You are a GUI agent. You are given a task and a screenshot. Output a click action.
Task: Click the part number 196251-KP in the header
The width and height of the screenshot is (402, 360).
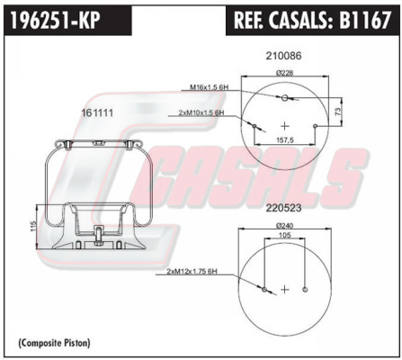tap(56, 21)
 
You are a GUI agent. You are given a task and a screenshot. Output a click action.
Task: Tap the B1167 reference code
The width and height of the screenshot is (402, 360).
tap(365, 20)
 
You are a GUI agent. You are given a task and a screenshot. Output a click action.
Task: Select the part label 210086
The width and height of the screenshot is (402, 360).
tap(283, 56)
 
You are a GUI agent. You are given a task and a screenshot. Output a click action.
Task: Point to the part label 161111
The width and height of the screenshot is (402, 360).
tap(97, 112)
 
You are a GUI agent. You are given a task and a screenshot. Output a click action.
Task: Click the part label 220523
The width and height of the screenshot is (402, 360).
tap(283, 208)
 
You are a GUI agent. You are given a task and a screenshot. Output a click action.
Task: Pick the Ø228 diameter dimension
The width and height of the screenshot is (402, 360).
tap(284, 73)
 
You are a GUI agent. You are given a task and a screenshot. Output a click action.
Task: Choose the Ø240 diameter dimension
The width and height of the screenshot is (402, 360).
tap(284, 225)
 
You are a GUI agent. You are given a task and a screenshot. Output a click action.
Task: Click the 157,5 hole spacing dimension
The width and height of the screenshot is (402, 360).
tap(284, 140)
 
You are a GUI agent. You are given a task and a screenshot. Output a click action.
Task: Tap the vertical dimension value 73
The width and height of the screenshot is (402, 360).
tap(338, 112)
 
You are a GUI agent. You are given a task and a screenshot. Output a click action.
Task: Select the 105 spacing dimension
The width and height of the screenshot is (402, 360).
tap(284, 235)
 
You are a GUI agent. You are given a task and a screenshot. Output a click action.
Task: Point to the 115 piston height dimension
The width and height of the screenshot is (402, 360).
tap(33, 227)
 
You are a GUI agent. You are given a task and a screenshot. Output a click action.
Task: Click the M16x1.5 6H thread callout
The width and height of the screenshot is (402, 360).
tap(210, 87)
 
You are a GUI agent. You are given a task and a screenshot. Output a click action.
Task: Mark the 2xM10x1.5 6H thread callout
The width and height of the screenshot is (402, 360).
tap(201, 112)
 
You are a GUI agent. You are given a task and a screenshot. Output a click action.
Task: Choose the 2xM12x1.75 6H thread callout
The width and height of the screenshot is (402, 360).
tap(192, 272)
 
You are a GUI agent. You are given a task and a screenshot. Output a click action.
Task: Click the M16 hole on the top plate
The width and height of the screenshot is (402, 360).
tap(284, 97)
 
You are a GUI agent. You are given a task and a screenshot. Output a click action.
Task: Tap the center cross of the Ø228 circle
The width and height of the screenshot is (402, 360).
tap(285, 126)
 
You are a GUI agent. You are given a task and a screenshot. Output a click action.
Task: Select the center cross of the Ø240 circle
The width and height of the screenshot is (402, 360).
tap(285, 289)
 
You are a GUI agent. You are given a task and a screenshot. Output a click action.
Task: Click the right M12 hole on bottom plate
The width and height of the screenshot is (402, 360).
tap(305, 289)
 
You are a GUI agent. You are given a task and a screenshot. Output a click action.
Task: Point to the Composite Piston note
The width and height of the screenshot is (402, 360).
tap(54, 342)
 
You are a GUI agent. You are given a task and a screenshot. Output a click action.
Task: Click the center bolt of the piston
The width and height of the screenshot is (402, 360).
tap(98, 237)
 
